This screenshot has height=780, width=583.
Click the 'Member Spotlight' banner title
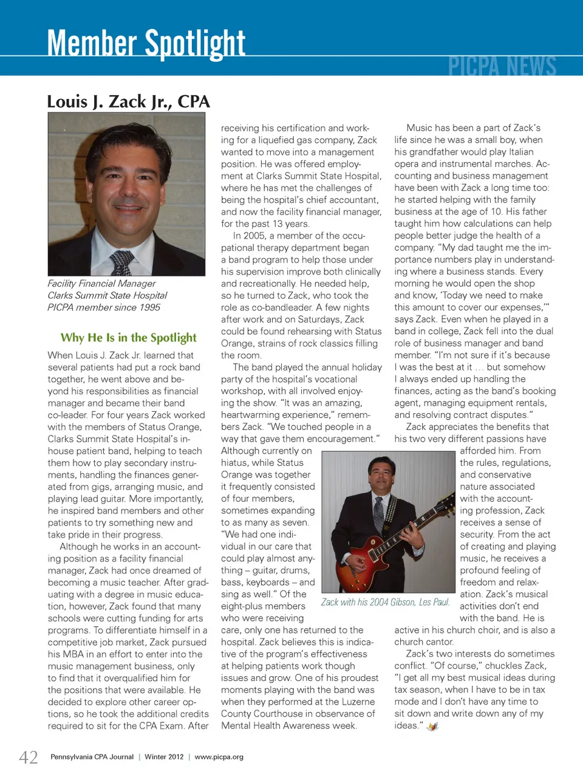146,44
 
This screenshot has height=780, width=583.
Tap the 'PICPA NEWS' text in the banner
502,66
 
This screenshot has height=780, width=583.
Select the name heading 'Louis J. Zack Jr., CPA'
129,101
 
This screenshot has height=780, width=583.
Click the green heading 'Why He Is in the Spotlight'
128,338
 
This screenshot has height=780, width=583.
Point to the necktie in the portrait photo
121,262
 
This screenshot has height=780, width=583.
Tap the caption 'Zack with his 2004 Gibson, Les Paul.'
386,602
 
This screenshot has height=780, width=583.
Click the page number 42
29,757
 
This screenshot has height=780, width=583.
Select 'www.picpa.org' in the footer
219,757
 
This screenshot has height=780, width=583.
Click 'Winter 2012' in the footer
164,757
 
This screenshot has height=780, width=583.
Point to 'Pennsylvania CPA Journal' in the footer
92,757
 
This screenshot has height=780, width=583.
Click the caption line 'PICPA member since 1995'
104,307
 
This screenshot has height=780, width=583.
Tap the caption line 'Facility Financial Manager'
101,284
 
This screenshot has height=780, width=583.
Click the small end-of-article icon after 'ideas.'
432,727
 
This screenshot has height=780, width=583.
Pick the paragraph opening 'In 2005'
255,236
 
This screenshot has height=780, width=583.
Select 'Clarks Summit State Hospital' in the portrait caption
107,295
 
